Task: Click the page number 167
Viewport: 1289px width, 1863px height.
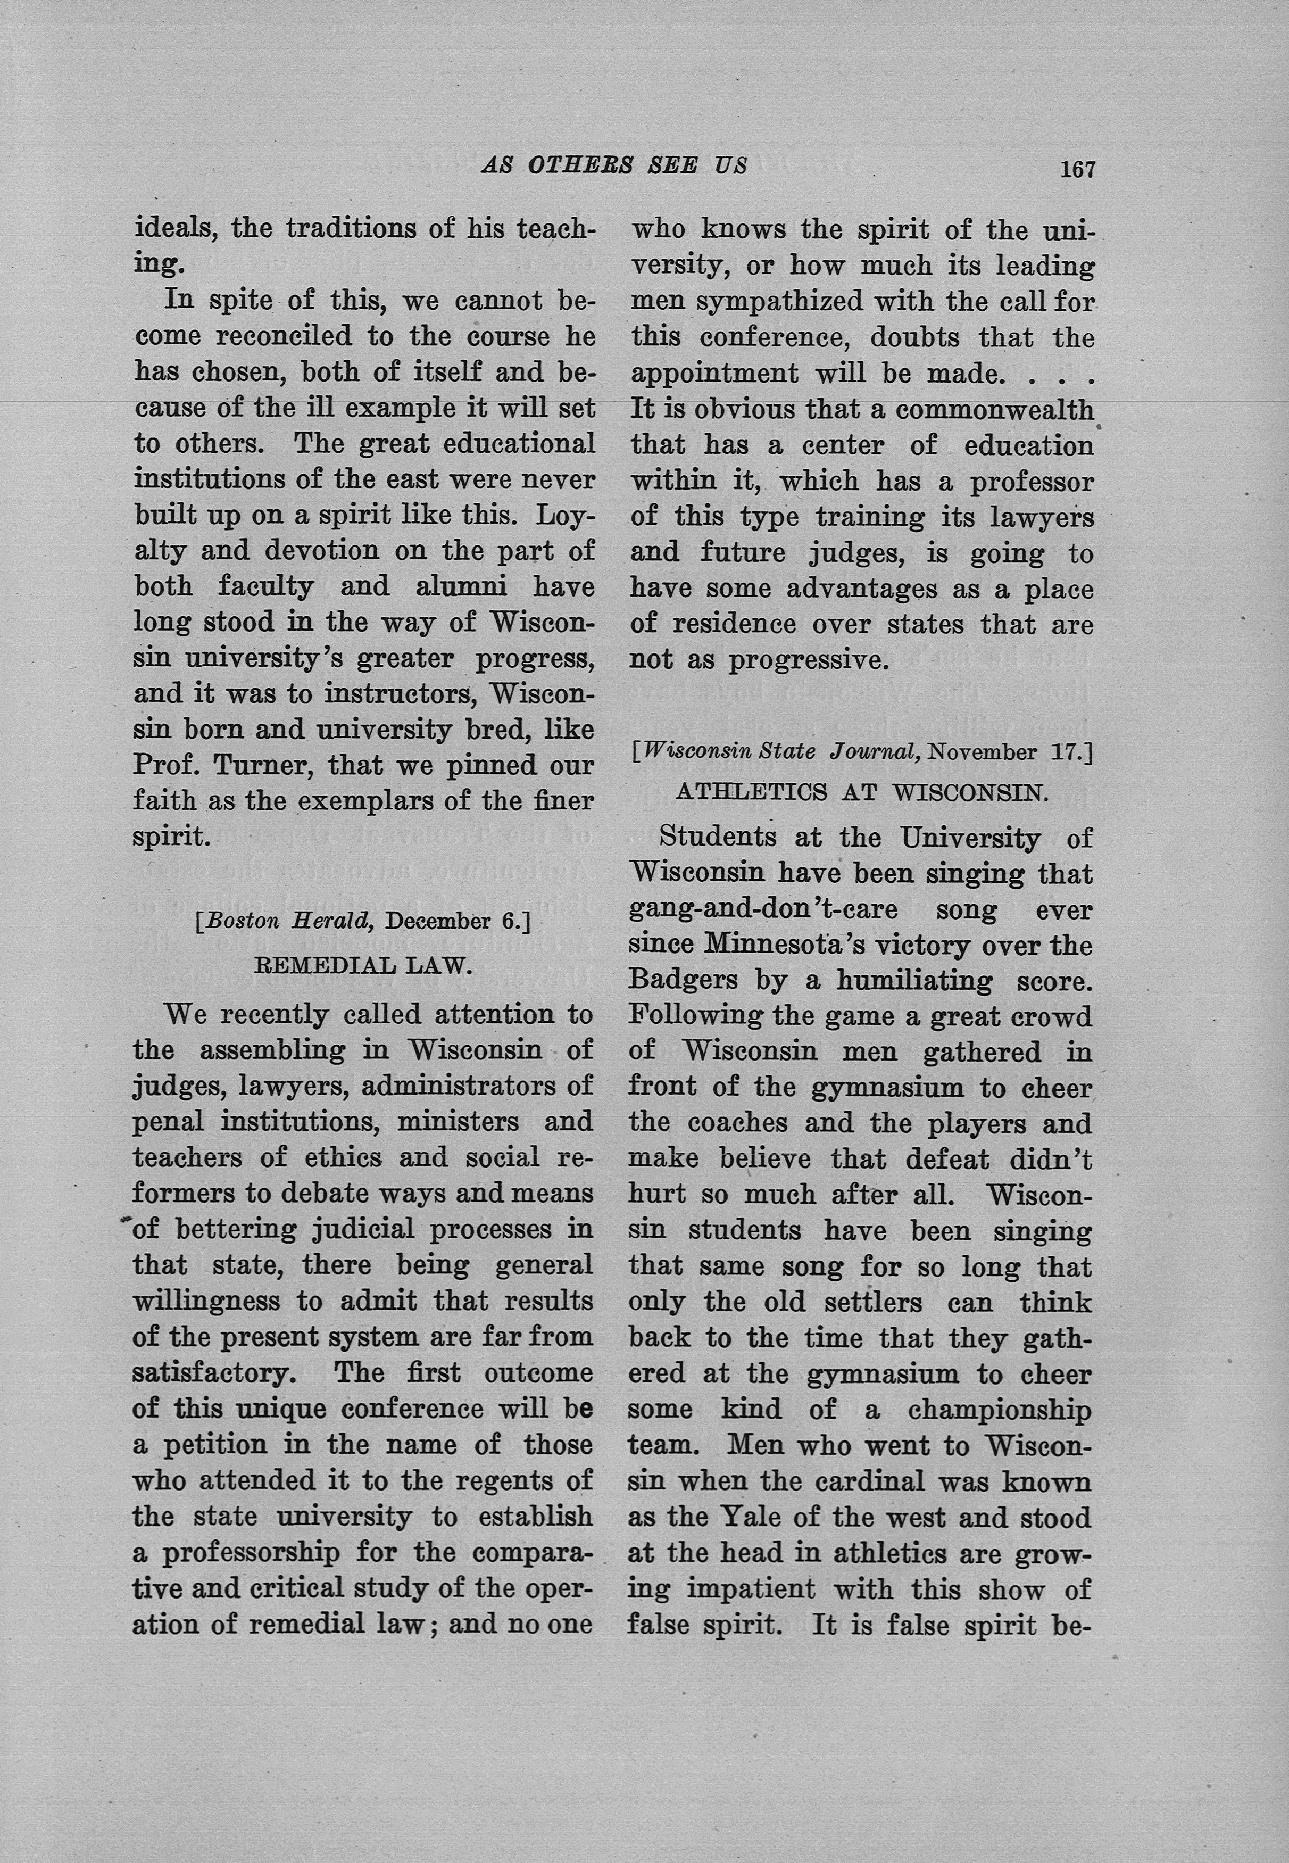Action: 1077,169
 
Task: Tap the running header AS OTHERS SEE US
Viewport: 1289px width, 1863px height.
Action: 614,165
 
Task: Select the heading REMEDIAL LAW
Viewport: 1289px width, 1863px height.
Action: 363,965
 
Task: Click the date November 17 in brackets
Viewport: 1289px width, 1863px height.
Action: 1007,751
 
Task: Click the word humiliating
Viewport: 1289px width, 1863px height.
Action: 914,980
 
